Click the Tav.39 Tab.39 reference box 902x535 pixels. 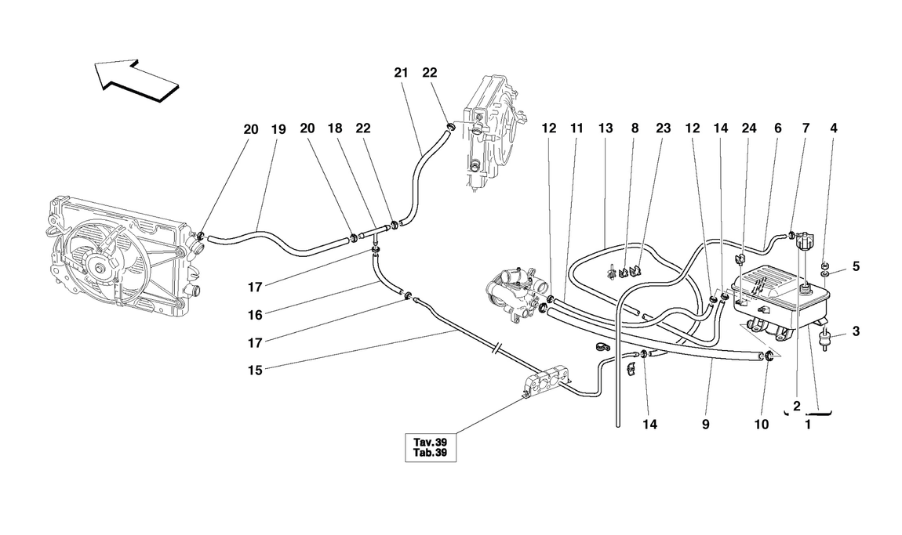(428, 447)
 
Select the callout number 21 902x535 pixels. (402, 72)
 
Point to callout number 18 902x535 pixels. (336, 131)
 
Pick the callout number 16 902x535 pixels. (253, 315)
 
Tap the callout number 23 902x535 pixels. (664, 128)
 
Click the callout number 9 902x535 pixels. (705, 425)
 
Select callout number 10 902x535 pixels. (760, 425)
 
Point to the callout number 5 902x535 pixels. (856, 266)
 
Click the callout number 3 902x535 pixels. (856, 331)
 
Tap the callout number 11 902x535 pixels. (576, 128)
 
